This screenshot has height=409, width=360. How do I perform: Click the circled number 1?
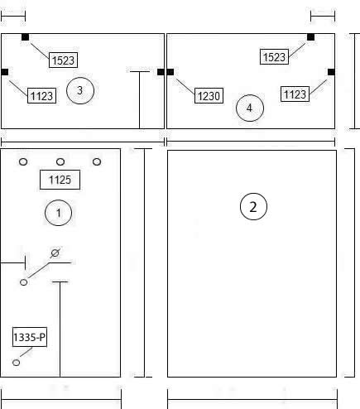coord(58,213)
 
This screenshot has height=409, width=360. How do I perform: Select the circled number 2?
coord(253,206)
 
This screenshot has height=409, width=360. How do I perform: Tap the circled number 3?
coord(80,90)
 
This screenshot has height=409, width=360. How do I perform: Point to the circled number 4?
coord(250,108)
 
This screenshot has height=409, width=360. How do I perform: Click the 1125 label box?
coord(60,180)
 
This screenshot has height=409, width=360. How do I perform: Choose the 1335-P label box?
coord(30,337)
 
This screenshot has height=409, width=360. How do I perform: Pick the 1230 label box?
coord(209,96)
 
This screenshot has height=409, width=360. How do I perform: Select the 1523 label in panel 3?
coord(63,60)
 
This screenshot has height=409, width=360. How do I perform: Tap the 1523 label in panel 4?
coord(274,57)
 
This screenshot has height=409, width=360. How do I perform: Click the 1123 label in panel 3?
coord(41,96)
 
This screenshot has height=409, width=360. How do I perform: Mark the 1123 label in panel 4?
coord(295,94)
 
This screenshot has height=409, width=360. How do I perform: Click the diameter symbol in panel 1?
coord(55,253)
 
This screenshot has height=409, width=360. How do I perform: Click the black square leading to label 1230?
coord(170,72)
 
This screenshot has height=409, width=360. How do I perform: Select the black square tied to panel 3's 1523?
coord(25,37)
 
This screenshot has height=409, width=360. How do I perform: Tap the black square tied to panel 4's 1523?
coord(310,37)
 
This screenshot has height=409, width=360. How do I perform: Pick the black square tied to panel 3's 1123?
coord(5,72)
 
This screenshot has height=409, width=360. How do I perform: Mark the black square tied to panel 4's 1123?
coord(331,72)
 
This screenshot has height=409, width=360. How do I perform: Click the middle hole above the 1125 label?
coord(60,161)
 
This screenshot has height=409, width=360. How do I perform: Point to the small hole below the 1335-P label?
coord(17,363)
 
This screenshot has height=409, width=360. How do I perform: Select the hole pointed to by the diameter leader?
coord(24,282)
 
